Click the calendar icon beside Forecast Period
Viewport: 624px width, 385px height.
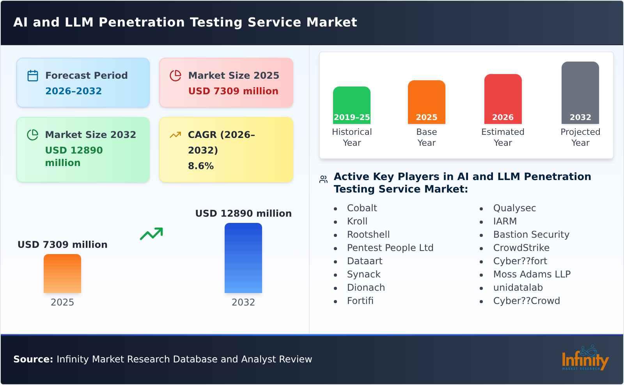click(x=33, y=76)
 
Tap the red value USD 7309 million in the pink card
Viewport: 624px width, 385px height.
click(x=233, y=91)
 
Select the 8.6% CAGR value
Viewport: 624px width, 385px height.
click(x=200, y=166)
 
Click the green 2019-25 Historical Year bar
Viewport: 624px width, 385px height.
click(x=351, y=105)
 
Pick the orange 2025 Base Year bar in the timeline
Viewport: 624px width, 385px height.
click(x=426, y=102)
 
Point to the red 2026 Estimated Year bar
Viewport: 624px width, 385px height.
click(x=503, y=99)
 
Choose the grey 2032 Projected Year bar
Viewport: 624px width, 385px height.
click(x=580, y=92)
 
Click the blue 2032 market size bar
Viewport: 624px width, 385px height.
click(x=243, y=258)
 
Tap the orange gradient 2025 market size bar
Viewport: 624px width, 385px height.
click(x=62, y=274)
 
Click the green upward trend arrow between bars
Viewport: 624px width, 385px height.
click(x=151, y=234)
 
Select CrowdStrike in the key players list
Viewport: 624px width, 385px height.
click(x=521, y=248)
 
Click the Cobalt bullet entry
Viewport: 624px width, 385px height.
click(x=362, y=208)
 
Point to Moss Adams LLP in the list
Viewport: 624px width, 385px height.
click(x=532, y=274)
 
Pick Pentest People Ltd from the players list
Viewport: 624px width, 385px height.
click(x=390, y=248)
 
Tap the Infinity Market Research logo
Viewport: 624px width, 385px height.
click(x=585, y=359)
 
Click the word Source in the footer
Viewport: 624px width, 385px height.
click(x=33, y=359)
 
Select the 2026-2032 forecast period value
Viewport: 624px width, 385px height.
click(x=73, y=91)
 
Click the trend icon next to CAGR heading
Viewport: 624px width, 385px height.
click(x=175, y=135)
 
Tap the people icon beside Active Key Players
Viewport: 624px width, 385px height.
click(x=323, y=179)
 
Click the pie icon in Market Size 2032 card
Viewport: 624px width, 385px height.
click(x=33, y=135)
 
